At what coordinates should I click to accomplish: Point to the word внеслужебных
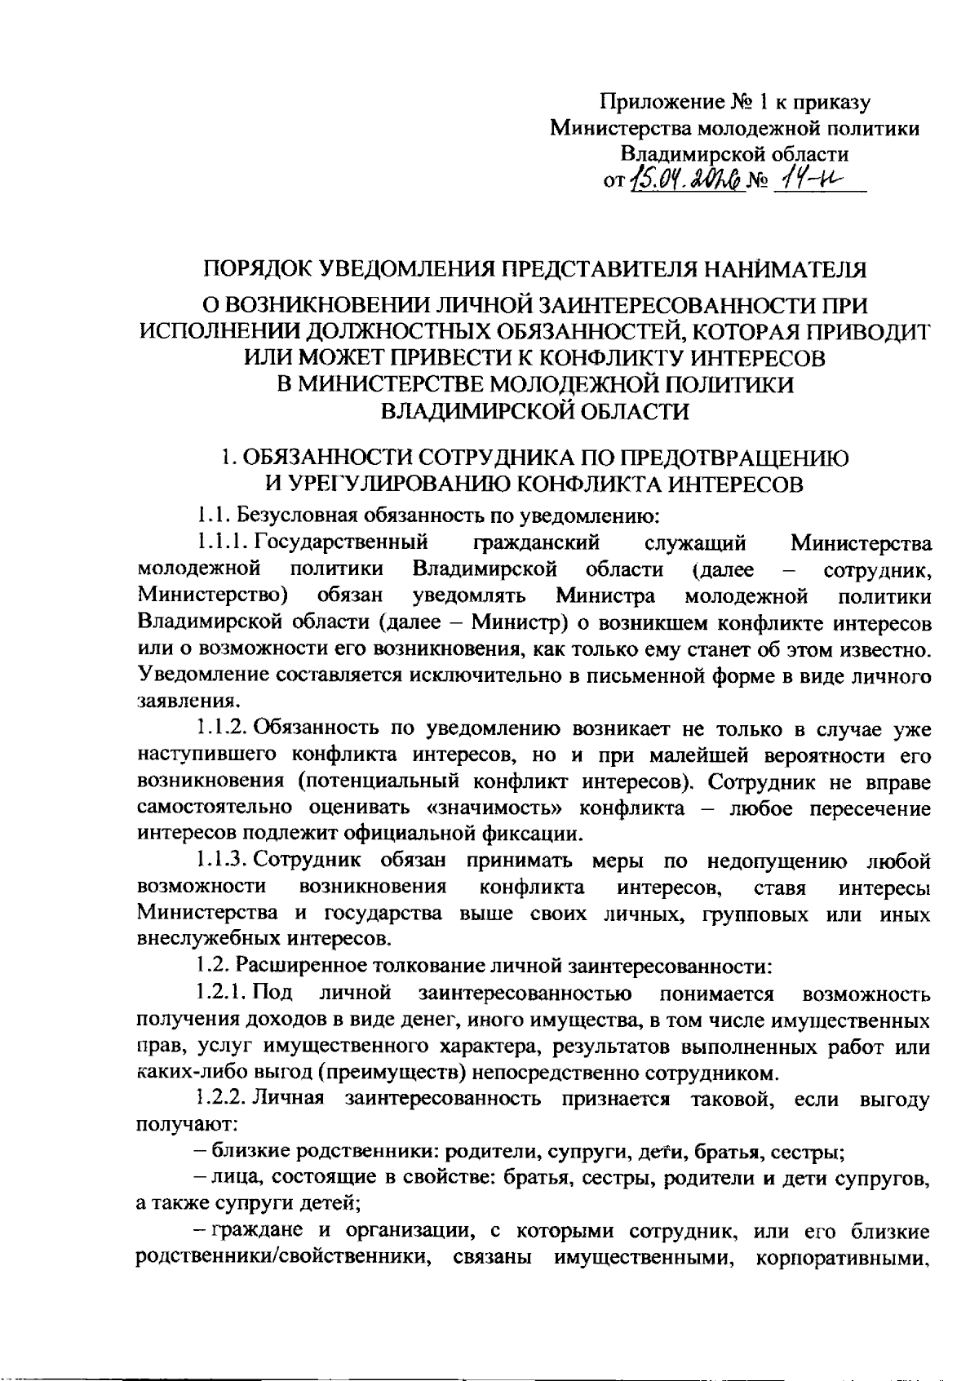coord(198,939)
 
